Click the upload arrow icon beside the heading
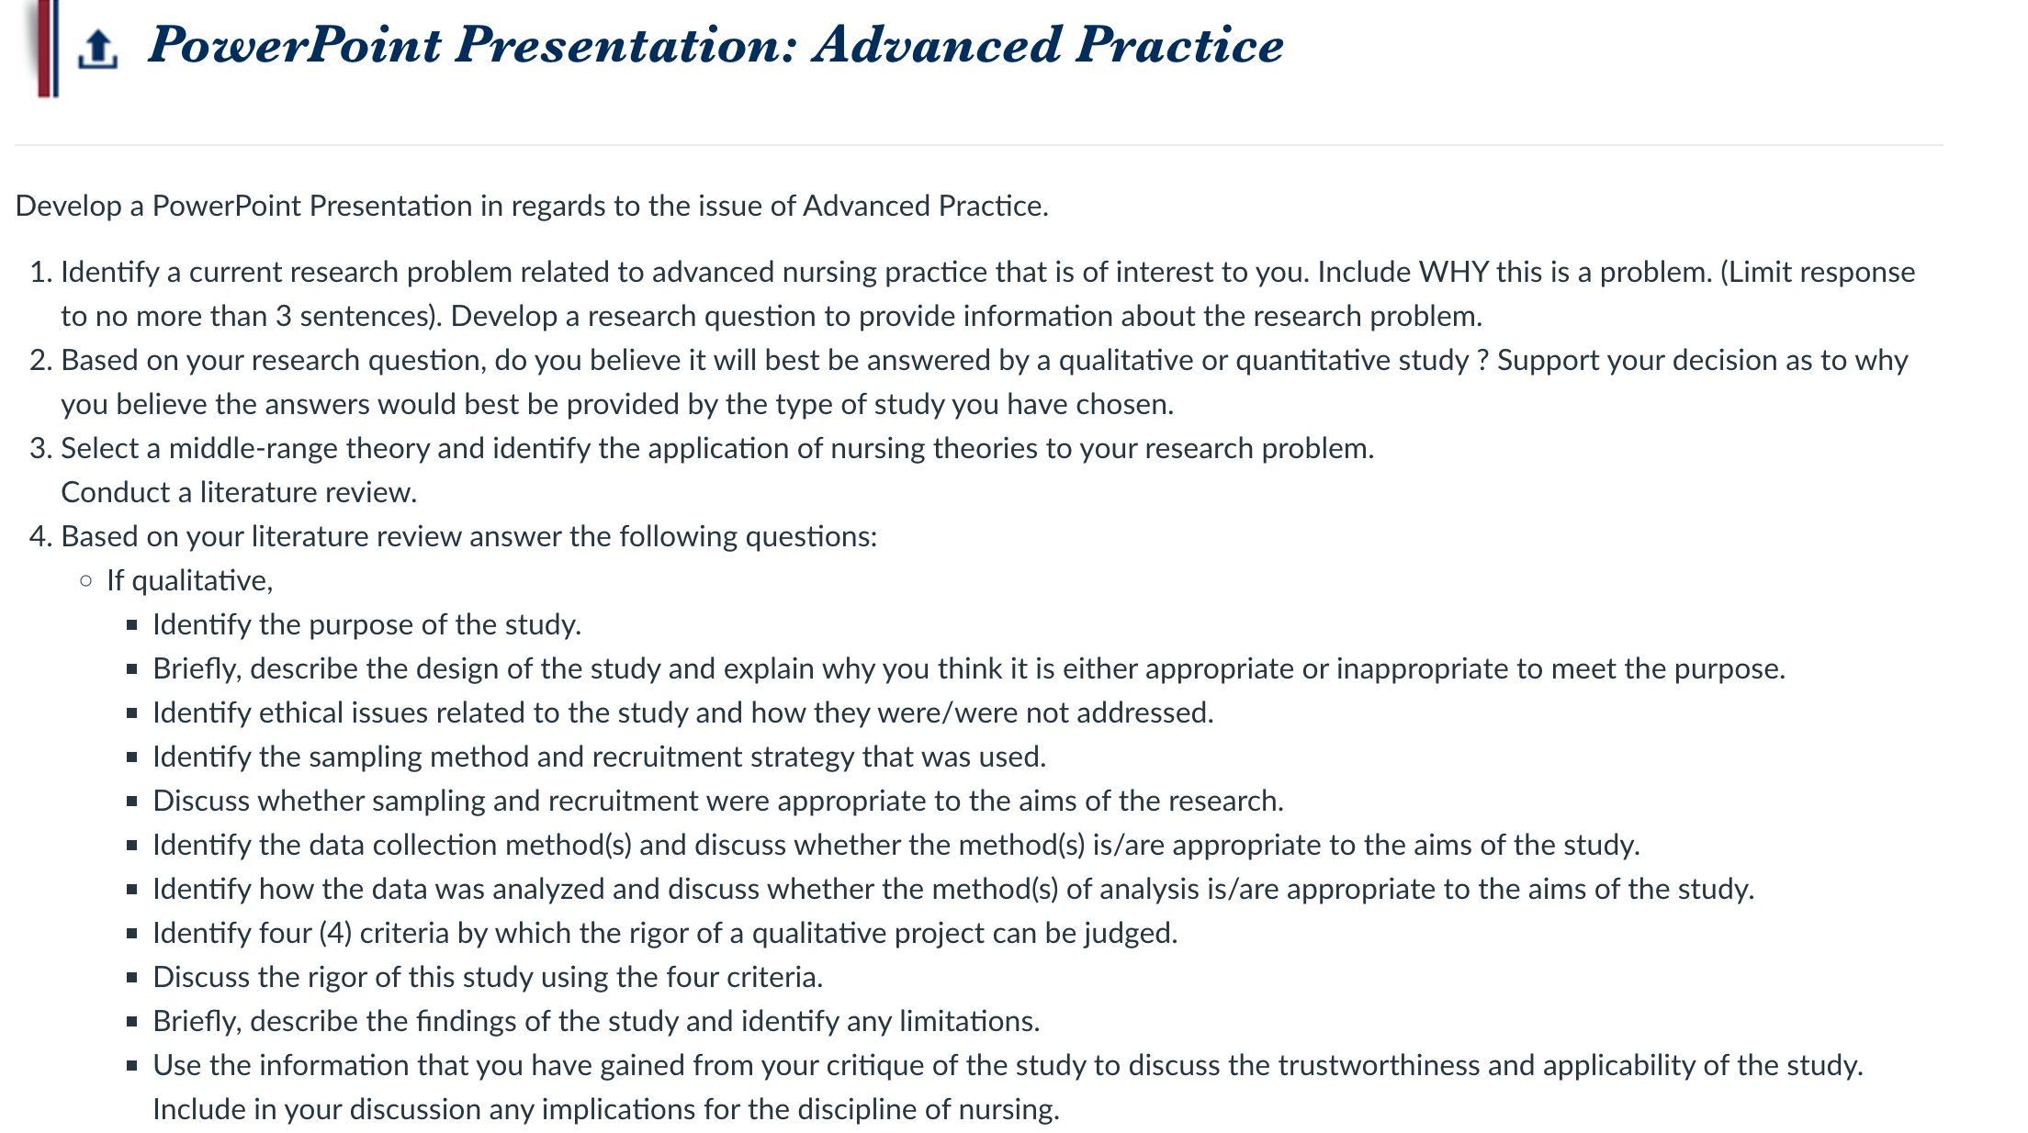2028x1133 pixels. [97, 50]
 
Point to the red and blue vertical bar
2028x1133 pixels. [48, 48]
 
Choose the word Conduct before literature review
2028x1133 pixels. [116, 492]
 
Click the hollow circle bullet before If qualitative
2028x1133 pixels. [85, 580]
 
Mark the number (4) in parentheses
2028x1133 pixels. [335, 933]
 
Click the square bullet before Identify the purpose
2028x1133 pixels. [132, 625]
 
